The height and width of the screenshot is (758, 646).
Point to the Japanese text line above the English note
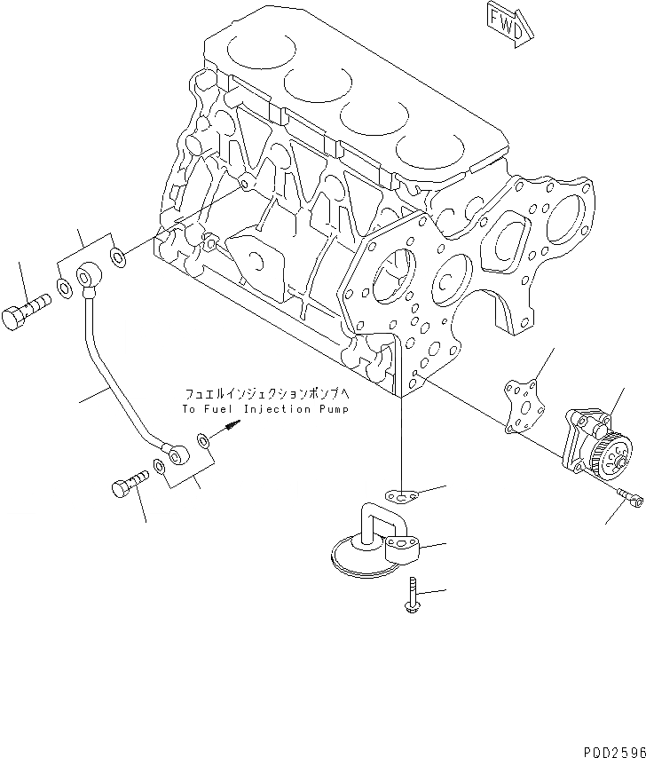pyautogui.click(x=267, y=393)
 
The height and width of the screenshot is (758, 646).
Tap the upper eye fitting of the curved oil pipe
pyautogui.click(x=89, y=277)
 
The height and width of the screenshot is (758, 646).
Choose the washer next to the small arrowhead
pyautogui.click(x=205, y=439)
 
